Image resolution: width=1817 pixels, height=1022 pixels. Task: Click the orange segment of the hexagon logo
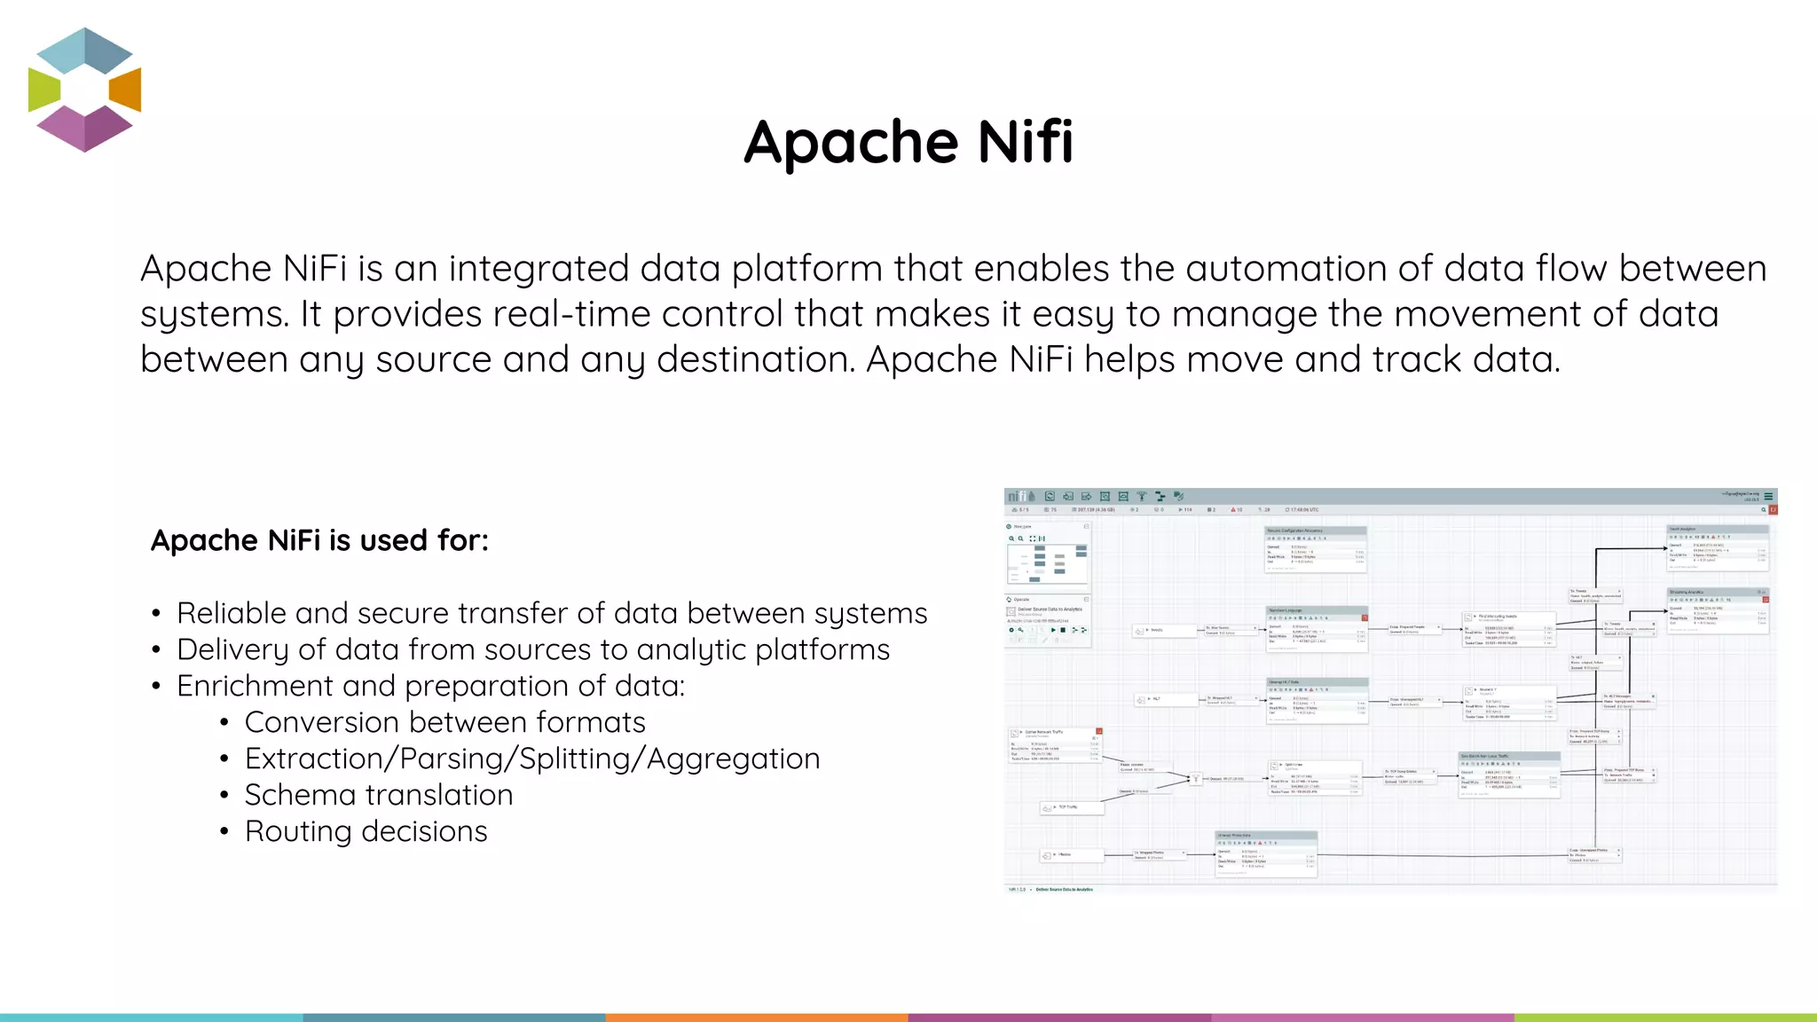125,90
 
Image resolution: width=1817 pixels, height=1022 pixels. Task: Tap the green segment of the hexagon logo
43,90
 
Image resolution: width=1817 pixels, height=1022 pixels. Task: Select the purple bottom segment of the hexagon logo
84,130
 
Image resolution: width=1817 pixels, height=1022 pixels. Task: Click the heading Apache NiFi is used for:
319,540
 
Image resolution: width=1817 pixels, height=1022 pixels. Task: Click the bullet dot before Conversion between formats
224,723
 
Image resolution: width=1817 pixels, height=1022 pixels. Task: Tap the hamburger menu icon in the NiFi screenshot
1768,497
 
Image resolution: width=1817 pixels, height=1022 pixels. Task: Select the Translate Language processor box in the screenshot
1317,628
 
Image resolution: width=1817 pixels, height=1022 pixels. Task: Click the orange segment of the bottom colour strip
757,1018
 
